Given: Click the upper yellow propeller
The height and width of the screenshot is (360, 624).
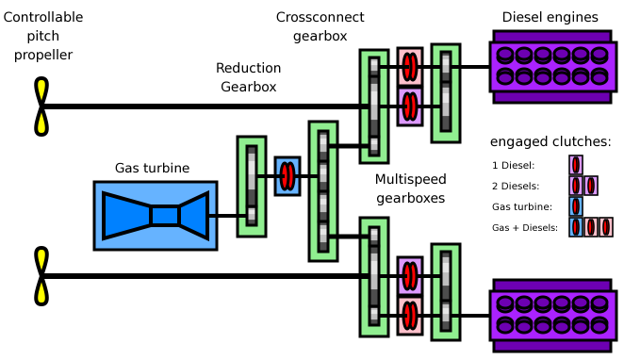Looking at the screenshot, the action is click(41, 106).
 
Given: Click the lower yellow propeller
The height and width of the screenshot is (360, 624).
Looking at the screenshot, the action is click(41, 276).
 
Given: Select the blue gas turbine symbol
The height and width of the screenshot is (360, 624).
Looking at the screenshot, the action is click(156, 216).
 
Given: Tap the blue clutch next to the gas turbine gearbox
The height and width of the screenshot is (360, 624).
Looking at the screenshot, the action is click(287, 176).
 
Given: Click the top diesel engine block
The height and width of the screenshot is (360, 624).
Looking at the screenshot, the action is click(553, 67).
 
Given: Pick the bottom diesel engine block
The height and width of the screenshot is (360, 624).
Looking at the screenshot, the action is click(553, 316).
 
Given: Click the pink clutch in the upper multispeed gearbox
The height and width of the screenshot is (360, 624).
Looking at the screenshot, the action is click(410, 66).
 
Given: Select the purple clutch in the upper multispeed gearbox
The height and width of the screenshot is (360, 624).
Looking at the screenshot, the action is click(410, 106).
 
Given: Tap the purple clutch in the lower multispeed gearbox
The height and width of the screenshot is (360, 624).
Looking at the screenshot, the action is click(410, 276).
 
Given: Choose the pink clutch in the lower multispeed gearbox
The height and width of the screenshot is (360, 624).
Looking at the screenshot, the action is click(410, 316).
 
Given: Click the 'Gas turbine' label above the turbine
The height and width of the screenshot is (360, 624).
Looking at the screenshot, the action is click(152, 168).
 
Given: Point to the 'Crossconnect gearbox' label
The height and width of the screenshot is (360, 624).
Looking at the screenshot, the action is click(320, 26).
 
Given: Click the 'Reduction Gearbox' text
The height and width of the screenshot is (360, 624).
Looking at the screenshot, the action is click(248, 77).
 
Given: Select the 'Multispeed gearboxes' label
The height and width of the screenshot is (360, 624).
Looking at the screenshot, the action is click(410, 188).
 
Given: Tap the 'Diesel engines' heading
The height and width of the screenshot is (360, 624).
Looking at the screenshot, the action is click(550, 17).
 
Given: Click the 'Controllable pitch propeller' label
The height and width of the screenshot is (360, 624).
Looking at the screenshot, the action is click(43, 36).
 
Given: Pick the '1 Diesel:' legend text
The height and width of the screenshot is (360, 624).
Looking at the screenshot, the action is click(513, 165).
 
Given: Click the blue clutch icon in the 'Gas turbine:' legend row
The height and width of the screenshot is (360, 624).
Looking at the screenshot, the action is click(576, 206).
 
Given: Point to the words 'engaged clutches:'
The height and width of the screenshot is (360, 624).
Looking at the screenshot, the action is click(550, 141).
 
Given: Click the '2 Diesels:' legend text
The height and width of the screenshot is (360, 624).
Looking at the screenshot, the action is click(516, 186).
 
